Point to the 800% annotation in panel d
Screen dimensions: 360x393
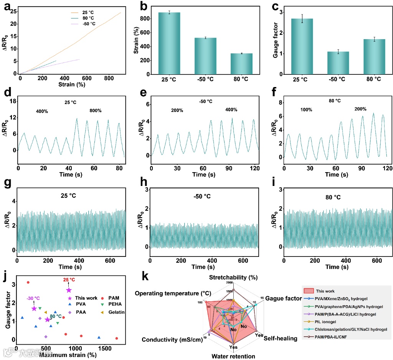[x=95, y=111]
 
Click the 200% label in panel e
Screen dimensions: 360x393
[x=177, y=111]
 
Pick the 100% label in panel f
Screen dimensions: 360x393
[x=306, y=110]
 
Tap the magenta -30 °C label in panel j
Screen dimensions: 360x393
[x=33, y=298]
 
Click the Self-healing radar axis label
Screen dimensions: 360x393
[x=281, y=339]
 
